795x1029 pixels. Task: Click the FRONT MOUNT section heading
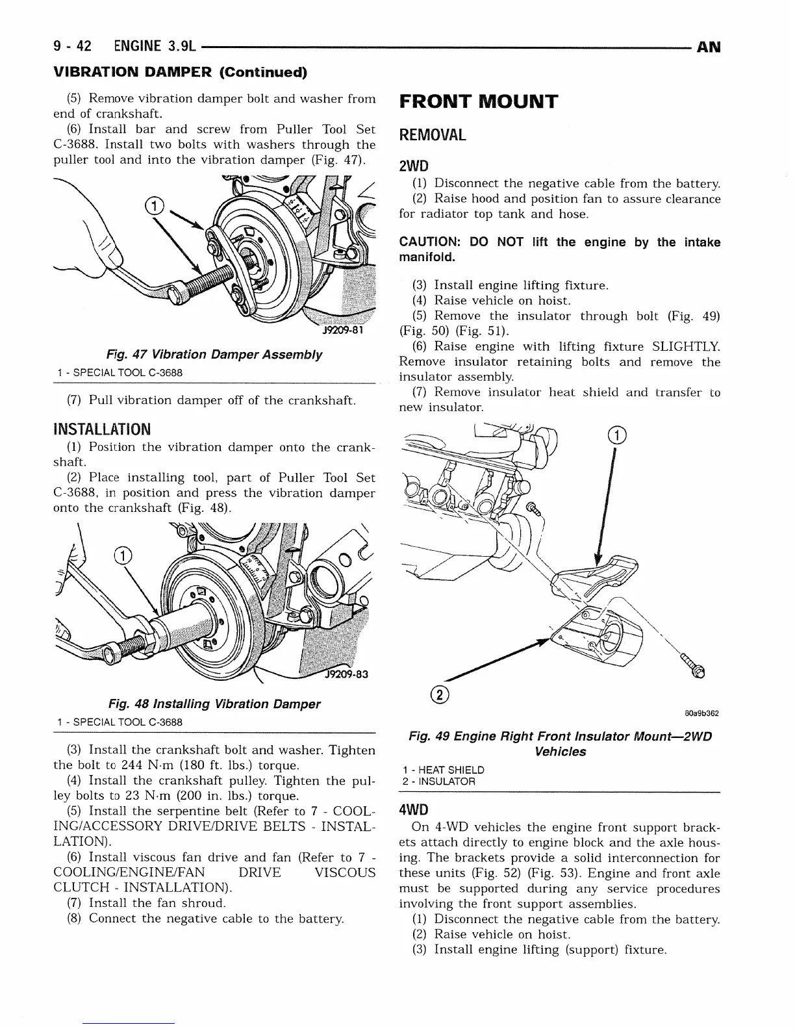pos(478,102)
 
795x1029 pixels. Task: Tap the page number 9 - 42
pos(73,47)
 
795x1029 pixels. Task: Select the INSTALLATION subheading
pos(101,429)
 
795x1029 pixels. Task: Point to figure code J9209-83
pos(346,674)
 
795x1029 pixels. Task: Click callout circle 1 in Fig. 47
pos(154,207)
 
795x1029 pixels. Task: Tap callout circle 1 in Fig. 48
pos(123,555)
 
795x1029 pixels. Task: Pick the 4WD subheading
pos(414,811)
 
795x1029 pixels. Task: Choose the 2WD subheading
pos(413,166)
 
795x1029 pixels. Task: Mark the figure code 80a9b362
pos(701,713)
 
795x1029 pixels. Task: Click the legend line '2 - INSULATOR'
pos(438,781)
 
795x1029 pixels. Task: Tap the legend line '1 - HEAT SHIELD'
pos(443,770)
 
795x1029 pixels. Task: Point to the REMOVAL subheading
pos(433,135)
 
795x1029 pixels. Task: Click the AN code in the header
pos(709,47)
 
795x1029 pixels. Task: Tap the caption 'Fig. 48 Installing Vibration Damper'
pos(214,704)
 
